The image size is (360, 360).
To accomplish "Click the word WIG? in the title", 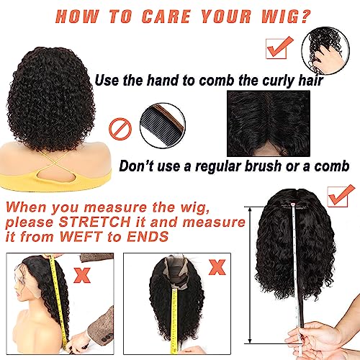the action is coord(286,17).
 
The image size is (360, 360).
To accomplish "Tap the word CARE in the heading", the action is coord(166,17).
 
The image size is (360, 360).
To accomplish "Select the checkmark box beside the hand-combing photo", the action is coord(279,48).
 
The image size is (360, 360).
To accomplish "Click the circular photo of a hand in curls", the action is coord(325,50).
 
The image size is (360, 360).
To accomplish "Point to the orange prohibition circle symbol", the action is coord(120,129).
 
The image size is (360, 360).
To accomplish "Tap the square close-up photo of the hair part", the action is coord(269,123).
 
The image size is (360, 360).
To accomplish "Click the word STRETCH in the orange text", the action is coord(94,222).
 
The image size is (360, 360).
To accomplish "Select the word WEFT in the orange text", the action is coord(81,236).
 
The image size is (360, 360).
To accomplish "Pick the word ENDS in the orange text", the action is coord(148,236).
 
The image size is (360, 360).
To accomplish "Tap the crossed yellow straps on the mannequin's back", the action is coord(56,163).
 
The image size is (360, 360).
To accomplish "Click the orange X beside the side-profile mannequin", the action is coord(82,275).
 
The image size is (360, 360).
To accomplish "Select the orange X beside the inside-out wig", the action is coord(217,267).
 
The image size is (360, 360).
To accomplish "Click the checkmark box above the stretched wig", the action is coord(341,196).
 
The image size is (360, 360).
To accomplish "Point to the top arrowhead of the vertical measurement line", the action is coord(250,210).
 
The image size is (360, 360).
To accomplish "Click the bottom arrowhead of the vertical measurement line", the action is coord(250,341).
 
